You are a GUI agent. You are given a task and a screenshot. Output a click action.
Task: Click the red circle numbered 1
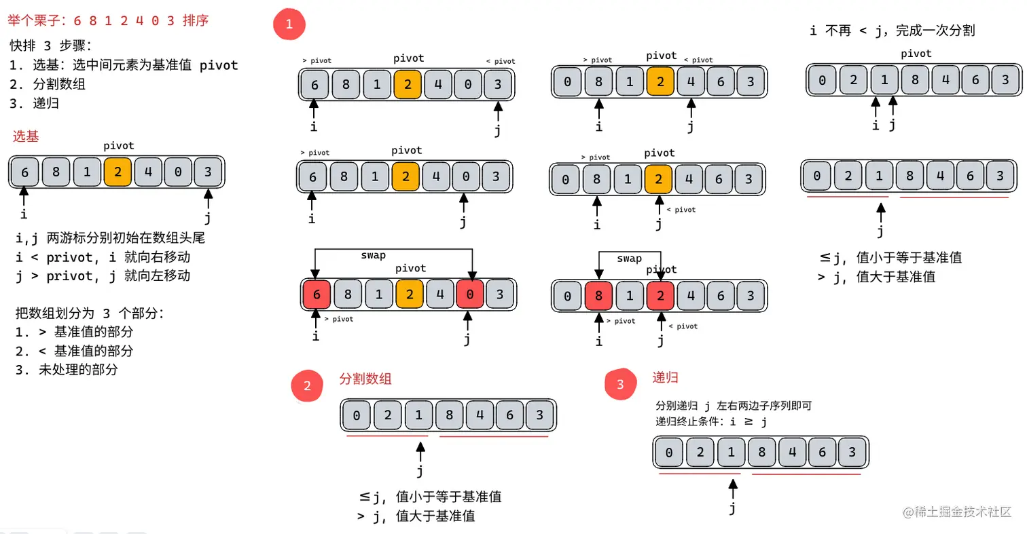pos(289,25)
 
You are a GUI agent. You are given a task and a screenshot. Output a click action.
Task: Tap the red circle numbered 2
pos(308,385)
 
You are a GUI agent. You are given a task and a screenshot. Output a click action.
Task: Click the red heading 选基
pos(26,136)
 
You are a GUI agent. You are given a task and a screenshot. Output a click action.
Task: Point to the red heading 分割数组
pos(365,379)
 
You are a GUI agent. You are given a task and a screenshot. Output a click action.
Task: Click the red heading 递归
pos(665,377)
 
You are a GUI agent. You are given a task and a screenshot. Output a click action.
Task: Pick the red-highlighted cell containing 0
pos(470,294)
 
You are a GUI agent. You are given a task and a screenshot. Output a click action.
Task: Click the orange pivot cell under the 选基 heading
pos(118,172)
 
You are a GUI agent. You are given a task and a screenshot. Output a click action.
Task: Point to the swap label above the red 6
pos(373,255)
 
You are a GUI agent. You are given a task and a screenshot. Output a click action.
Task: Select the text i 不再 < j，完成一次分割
pos(893,31)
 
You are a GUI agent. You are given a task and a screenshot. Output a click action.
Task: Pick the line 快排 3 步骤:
pos(52,45)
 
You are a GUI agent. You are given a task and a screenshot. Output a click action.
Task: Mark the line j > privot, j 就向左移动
pos(103,275)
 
